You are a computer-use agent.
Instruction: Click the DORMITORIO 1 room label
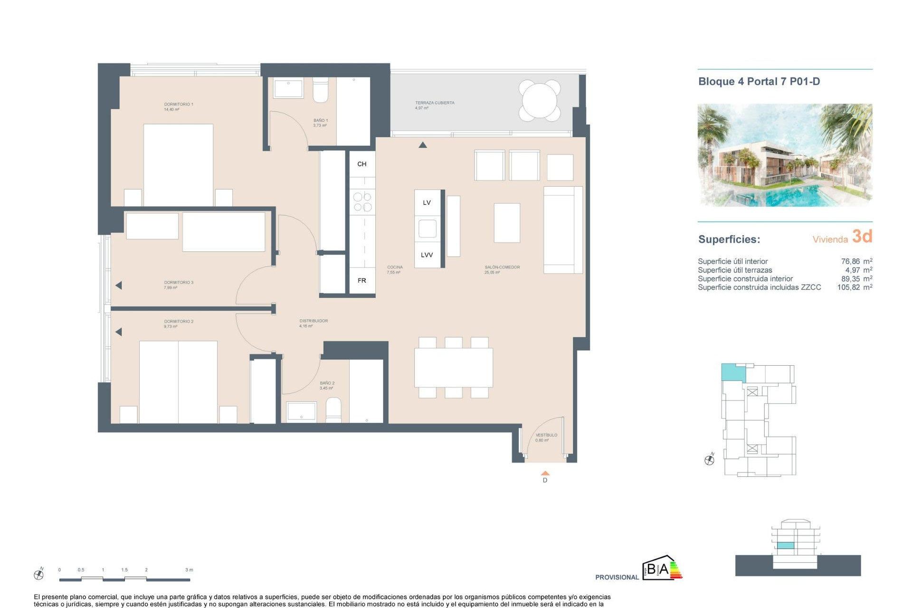click(x=178, y=104)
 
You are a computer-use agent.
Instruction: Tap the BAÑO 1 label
click(x=320, y=121)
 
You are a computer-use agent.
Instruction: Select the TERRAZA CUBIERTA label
click(x=434, y=103)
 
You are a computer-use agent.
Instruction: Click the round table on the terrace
click(x=539, y=101)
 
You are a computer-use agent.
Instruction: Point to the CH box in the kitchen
click(x=362, y=164)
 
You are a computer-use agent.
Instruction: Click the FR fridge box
click(x=362, y=281)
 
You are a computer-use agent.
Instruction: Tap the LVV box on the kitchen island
click(x=427, y=255)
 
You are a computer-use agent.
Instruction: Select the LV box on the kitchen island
click(x=427, y=203)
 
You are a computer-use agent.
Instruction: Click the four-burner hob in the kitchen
click(x=362, y=202)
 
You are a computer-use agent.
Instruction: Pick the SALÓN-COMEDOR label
click(x=502, y=267)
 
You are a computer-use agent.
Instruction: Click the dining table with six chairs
click(x=453, y=367)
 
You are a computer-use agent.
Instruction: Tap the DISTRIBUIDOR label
click(x=313, y=321)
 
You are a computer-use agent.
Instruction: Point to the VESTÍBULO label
click(x=546, y=435)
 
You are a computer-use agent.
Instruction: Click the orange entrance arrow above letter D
click(x=545, y=473)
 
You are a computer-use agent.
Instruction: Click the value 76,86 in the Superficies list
click(x=850, y=261)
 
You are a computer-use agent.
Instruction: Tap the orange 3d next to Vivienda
click(x=862, y=236)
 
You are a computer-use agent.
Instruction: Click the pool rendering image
click(x=784, y=155)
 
